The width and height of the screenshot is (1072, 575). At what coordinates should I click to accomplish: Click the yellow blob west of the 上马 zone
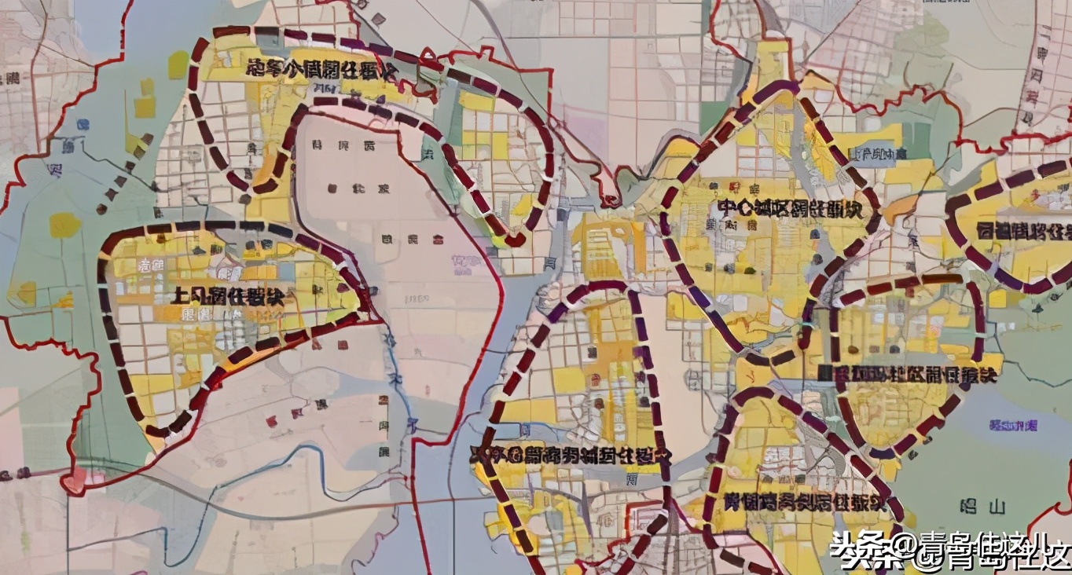(65, 225)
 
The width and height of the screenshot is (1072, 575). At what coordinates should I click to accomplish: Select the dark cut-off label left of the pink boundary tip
(16, 474)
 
